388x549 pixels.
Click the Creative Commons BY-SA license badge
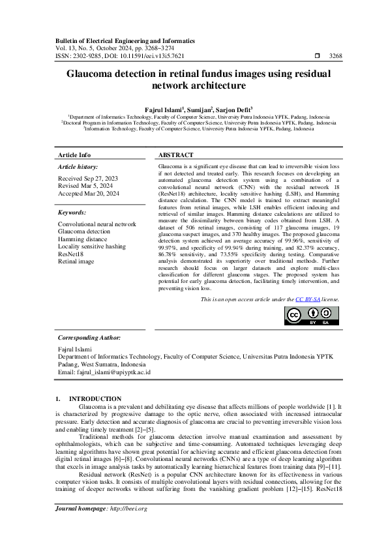pyautogui.click(x=312, y=315)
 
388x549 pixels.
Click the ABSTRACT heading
pyautogui.click(x=176, y=155)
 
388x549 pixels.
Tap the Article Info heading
pyautogui.click(x=74, y=155)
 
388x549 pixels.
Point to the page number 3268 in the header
pyautogui.click(x=336, y=56)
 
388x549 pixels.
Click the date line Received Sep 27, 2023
pyautogui.click(x=88, y=178)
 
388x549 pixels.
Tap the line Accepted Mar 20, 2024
pyautogui.click(x=89, y=194)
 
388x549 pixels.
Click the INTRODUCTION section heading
pyautogui.click(x=95, y=398)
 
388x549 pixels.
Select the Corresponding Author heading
pyautogui.click(x=89, y=338)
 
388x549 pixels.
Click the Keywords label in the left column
pyautogui.click(x=72, y=213)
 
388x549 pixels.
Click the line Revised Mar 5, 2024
pyautogui.click(x=85, y=186)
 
